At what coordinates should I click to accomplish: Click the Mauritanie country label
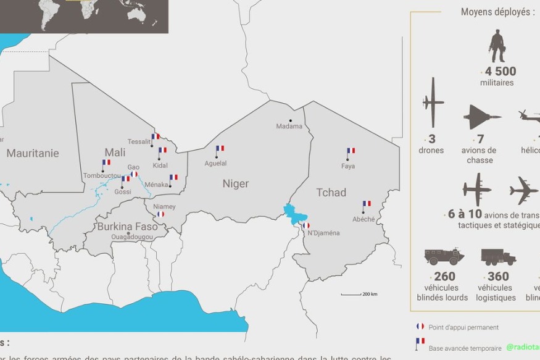coord(33,153)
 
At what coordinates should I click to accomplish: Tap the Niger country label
coord(236,183)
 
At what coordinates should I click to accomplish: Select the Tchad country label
coord(331,193)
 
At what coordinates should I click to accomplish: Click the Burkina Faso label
coord(127,227)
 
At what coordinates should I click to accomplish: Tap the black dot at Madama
coord(290,120)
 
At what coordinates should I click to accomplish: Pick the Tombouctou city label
coord(102,176)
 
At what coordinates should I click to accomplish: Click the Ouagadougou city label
coord(131,237)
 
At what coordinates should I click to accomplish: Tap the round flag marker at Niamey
coord(161,214)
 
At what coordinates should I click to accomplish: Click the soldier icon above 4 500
coord(496,46)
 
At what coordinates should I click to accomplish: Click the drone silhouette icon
coord(433,103)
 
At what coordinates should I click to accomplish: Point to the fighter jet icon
coord(481,117)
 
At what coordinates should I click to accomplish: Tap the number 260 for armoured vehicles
coord(444,276)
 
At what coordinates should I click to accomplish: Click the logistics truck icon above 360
coord(497,257)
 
